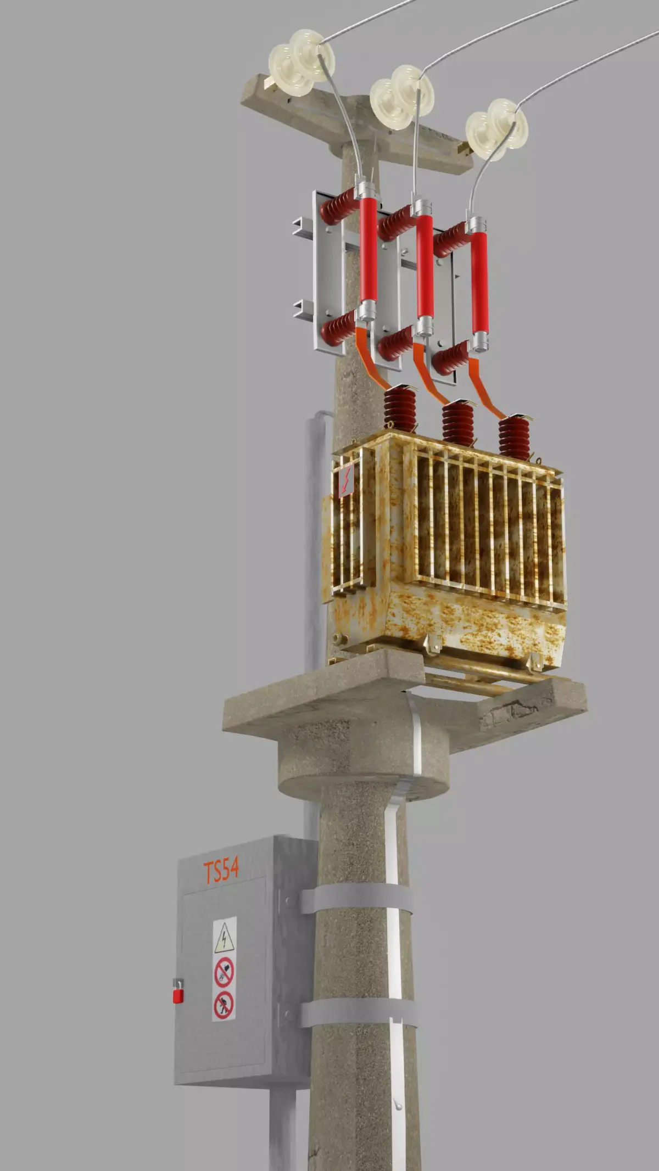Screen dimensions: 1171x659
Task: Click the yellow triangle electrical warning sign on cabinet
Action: coord(224,938)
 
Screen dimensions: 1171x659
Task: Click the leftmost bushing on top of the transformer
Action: coord(400,408)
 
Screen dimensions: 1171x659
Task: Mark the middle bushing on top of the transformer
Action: coord(458,422)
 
